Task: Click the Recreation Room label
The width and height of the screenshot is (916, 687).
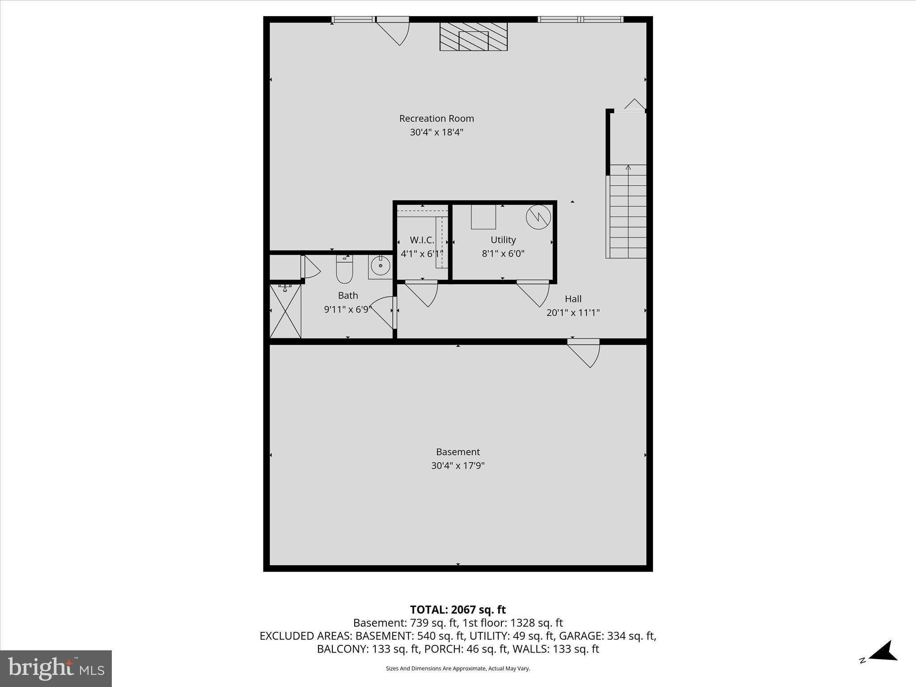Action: coord(437,119)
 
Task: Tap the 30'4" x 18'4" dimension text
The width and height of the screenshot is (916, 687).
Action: coord(437,132)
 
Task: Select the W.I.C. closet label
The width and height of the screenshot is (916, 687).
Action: coord(422,240)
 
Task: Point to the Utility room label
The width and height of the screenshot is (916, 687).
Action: coord(503,240)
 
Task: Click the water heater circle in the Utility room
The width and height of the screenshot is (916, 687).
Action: coord(538,217)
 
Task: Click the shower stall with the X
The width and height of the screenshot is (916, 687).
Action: coord(285,312)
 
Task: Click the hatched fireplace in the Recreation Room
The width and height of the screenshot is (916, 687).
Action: coord(473,36)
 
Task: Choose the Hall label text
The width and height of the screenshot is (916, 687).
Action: coord(573,299)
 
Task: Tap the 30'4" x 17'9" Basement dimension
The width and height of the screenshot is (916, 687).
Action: coord(458,466)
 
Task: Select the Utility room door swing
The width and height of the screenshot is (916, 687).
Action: coord(534,293)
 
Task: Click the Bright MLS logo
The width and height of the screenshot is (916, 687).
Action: coord(56,668)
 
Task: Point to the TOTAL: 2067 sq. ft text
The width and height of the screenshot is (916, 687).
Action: coord(458,610)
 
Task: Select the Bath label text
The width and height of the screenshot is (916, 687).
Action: coord(348,296)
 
